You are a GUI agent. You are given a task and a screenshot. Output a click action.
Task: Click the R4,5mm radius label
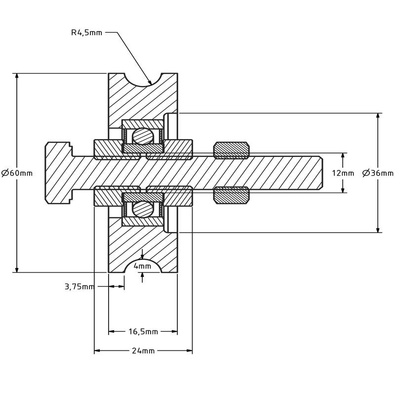point(86,33)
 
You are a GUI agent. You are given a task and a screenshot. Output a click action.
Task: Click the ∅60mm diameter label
point(17,173)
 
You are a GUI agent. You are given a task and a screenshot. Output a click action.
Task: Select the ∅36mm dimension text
point(378,173)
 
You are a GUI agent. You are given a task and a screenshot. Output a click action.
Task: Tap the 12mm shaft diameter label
point(343,173)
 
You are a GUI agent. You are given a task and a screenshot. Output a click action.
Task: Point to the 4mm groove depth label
point(142,266)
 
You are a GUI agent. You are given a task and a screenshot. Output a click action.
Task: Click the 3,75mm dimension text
point(79,287)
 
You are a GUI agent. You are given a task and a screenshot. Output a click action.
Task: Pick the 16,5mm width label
point(143,331)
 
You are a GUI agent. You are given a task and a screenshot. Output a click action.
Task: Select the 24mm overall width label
point(143,351)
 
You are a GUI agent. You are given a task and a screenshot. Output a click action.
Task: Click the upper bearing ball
point(143,136)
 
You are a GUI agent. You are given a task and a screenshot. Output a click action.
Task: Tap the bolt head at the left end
point(58,173)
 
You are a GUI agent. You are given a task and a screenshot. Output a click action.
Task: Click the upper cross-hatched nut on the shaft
point(231,150)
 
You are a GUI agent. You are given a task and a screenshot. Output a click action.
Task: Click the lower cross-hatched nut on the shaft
point(231,195)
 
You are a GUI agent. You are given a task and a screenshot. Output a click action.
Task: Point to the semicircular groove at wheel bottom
point(143,267)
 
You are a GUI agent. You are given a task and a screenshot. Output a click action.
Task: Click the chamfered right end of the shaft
point(320,173)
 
